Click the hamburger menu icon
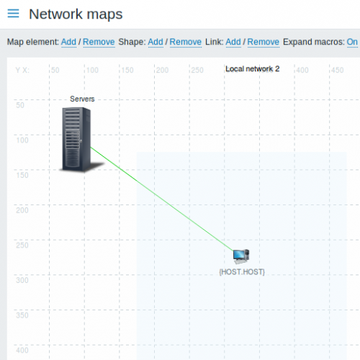tap(13, 14)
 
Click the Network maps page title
tap(76, 14)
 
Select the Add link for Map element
tap(68, 42)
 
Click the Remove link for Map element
tap(99, 42)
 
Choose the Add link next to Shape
tap(156, 42)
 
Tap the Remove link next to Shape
tap(186, 42)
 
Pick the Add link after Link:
tap(233, 42)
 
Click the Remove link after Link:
tap(264, 42)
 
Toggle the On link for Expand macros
tap(352, 42)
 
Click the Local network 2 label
tap(253, 69)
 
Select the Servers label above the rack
tap(82, 99)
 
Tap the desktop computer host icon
tap(241, 256)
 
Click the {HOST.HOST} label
tap(242, 272)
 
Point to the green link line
tap(162, 199)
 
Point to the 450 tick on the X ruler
tap(338, 70)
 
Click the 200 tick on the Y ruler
tap(22, 210)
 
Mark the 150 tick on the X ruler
tap(127, 70)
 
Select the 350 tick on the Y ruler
tap(22, 315)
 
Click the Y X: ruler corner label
tap(22, 70)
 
